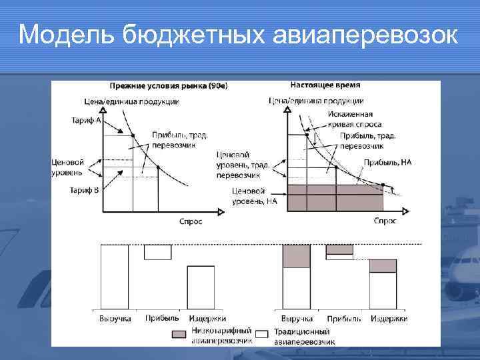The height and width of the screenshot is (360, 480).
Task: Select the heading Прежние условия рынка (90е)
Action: coord(168,86)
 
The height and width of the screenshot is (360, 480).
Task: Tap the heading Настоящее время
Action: coord(325,85)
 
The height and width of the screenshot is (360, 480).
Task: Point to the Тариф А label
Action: coord(85,121)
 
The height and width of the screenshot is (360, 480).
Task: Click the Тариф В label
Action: coord(85,190)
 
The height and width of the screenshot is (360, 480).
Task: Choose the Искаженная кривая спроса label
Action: coord(354,119)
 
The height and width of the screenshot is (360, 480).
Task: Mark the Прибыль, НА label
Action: coord(387,162)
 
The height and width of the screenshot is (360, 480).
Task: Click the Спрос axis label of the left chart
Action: coord(191,221)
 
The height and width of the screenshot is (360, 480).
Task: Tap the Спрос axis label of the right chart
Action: coord(385,220)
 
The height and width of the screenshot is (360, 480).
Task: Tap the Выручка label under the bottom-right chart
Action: coord(297,319)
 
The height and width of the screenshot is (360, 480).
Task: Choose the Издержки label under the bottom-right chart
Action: coord(389,319)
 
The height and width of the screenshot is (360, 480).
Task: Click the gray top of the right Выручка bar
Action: coord(297,256)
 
